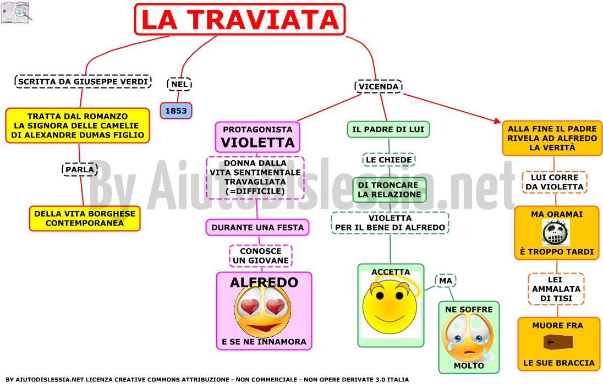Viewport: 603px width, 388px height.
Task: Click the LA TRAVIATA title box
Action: pos(239,19)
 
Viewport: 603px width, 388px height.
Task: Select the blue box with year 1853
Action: pos(176,111)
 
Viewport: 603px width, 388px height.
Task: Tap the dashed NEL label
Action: pos(179,84)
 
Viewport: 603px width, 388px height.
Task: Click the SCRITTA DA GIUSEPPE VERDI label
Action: pos(83,81)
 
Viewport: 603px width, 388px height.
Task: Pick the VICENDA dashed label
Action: pos(379,86)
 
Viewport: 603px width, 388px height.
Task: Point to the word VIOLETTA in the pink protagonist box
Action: pos(257,143)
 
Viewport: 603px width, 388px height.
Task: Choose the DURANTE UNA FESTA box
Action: pos(257,227)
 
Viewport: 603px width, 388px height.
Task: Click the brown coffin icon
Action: pos(558,342)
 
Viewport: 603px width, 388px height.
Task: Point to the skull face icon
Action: pos(556,233)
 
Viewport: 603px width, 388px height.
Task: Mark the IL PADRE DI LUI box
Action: pos(388,129)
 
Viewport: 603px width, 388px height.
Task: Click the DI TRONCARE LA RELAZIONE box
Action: pos(389,189)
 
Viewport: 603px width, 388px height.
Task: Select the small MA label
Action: pos(445,281)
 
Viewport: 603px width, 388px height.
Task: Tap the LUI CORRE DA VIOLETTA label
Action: pos(555,182)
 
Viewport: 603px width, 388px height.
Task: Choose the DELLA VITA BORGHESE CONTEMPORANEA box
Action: pos(85,218)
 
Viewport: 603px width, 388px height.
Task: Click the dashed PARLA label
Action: pos(80,170)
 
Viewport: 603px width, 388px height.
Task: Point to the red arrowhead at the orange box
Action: pos(497,121)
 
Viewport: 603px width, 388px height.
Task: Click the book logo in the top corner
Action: pos(16,12)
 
